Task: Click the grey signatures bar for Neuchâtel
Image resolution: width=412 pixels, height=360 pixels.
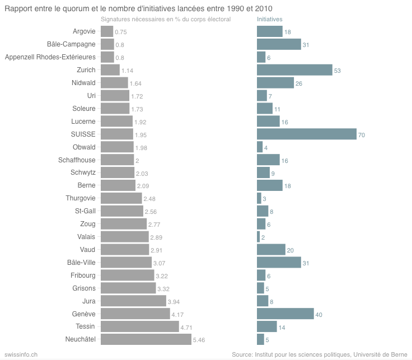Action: click(146, 339)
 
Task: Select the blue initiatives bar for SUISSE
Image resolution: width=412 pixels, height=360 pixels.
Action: click(306, 134)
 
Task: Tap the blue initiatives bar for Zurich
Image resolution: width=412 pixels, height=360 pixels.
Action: click(294, 70)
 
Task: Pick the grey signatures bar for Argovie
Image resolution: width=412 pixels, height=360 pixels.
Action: click(106, 31)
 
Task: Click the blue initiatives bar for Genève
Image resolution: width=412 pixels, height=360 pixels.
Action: click(285, 314)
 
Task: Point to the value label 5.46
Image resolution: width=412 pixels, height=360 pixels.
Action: click(199, 340)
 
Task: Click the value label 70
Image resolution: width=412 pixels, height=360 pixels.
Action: click(362, 135)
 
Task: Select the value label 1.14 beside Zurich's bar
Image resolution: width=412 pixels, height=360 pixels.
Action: click(127, 71)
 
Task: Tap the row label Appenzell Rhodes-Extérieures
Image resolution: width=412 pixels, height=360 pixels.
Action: click(50, 57)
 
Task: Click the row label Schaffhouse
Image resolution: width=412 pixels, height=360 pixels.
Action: click(77, 160)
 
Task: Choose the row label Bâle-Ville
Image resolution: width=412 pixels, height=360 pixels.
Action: click(81, 263)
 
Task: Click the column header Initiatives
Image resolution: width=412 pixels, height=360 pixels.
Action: click(270, 20)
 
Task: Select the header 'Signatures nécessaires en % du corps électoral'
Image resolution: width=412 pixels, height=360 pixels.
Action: click(166, 20)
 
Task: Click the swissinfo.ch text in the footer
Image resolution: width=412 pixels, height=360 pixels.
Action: click(21, 354)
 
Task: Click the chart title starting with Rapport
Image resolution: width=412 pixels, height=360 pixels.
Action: click(143, 8)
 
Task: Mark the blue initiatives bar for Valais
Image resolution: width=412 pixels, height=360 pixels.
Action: click(258, 237)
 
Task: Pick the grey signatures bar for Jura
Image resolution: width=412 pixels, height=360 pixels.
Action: click(133, 301)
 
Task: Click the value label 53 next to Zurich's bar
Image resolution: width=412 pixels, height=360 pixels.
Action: click(337, 71)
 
